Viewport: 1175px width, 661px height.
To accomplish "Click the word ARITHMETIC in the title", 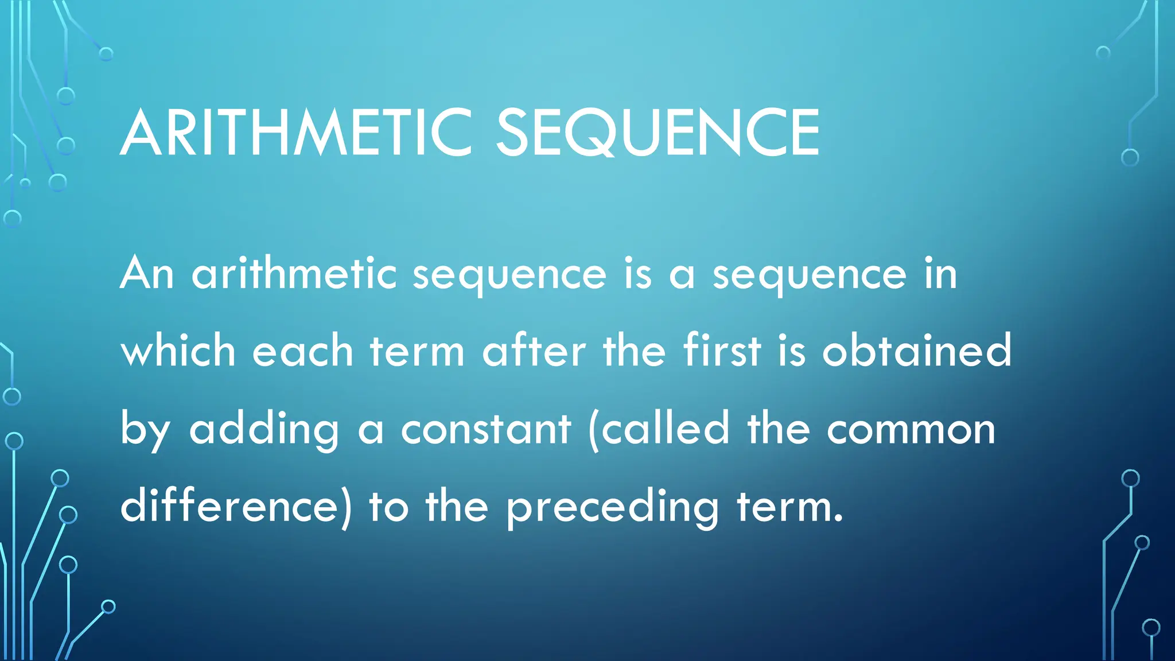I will pos(295,134).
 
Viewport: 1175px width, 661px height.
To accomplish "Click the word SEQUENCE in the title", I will pos(657,134).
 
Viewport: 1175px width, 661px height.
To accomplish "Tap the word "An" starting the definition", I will pos(147,274).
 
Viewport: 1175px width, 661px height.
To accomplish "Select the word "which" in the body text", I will pos(178,351).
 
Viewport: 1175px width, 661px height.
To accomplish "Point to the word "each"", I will pos(303,351).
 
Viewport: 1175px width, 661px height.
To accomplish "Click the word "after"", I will pos(534,351).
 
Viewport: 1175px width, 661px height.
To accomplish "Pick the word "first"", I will pos(722,351).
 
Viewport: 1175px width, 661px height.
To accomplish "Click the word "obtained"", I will pos(916,351).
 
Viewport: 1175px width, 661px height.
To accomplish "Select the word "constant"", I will pos(486,429).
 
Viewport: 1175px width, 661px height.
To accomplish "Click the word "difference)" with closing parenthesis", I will pos(236,506).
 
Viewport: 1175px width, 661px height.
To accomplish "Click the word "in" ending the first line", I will pos(940,274).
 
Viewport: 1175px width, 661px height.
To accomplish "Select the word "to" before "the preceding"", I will pos(388,507).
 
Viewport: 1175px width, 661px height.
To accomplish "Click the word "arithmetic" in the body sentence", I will pos(294,274).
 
